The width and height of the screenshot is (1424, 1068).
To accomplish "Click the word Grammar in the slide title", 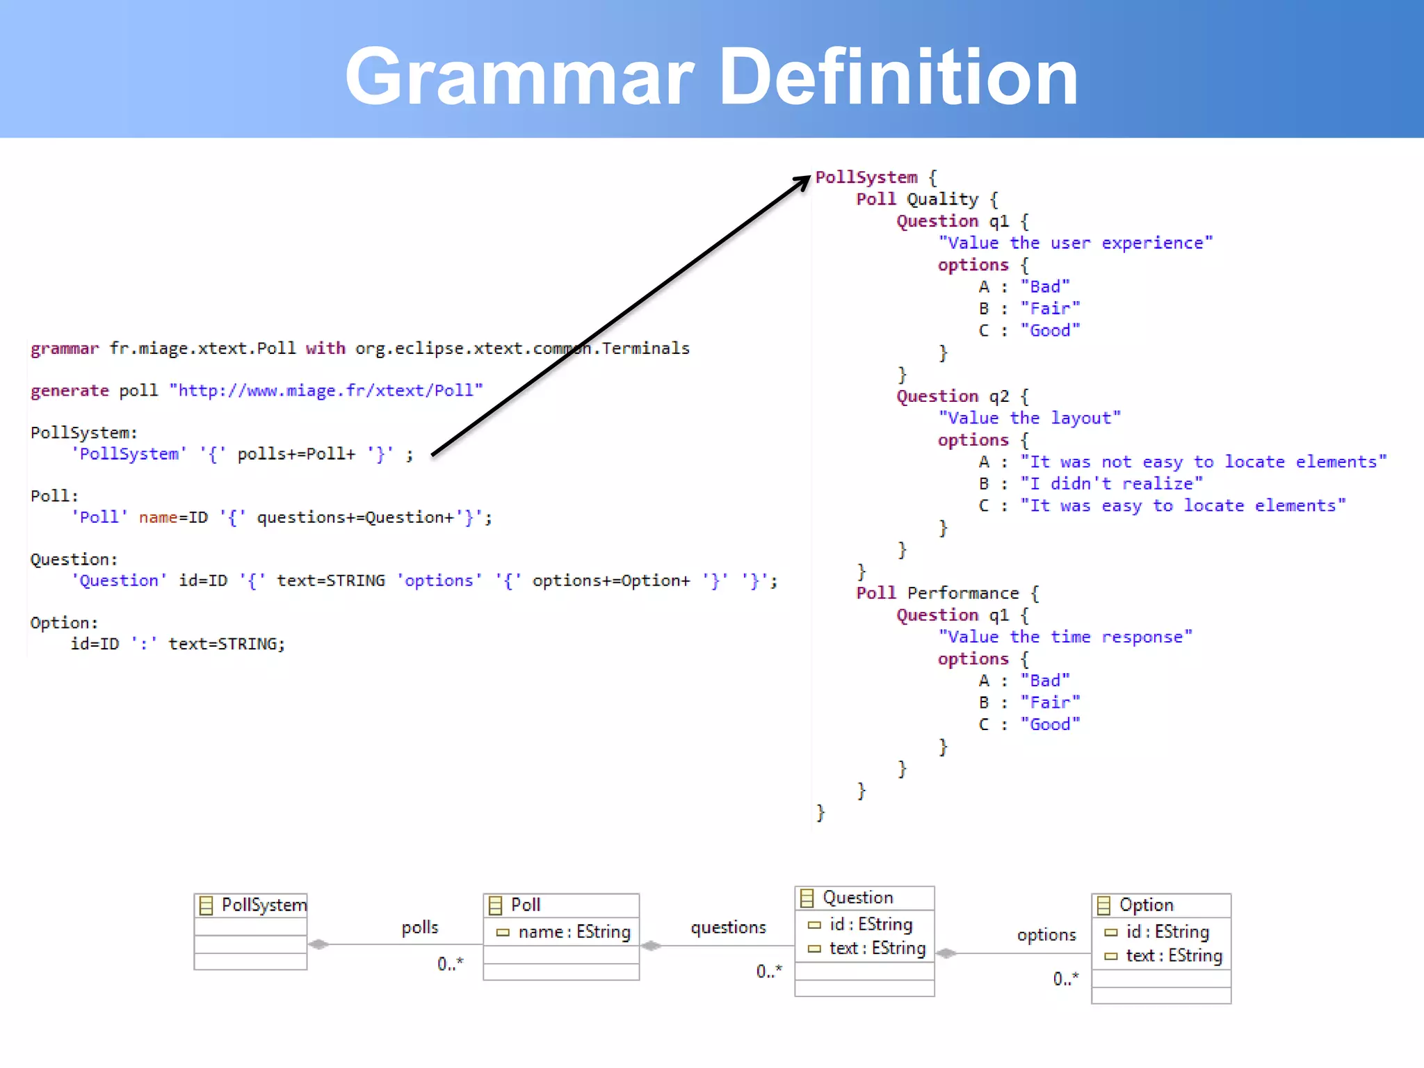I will tap(519, 76).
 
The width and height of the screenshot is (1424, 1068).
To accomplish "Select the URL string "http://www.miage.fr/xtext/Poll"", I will tap(326, 391).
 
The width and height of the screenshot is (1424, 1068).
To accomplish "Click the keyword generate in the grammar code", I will tap(70, 391).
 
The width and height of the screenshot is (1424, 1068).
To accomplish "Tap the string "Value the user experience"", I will tap(1075, 243).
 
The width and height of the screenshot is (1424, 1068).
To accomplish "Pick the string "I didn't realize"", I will tap(1111, 484).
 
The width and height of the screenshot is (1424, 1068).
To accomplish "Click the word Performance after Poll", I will tap(963, 593).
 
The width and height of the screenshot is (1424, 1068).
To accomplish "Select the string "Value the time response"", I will tap(1065, 637).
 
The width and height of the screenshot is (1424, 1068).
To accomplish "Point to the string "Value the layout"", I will tap(1029, 418).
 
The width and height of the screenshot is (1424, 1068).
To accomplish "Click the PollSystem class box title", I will tap(263, 905).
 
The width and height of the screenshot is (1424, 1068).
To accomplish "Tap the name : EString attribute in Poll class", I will tap(574, 932).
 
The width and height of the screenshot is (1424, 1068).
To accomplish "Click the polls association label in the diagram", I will tap(420, 928).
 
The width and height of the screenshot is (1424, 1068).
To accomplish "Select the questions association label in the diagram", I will tap(728, 928).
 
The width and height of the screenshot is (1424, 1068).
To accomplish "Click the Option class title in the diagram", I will tap(1146, 905).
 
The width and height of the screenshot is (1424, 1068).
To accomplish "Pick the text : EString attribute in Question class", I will tap(877, 948).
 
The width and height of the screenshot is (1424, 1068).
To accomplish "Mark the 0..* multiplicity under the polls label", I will tap(450, 964).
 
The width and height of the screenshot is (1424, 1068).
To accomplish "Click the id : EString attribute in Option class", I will tap(1167, 932).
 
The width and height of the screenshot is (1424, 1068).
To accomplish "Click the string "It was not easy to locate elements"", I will tap(1203, 462).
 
